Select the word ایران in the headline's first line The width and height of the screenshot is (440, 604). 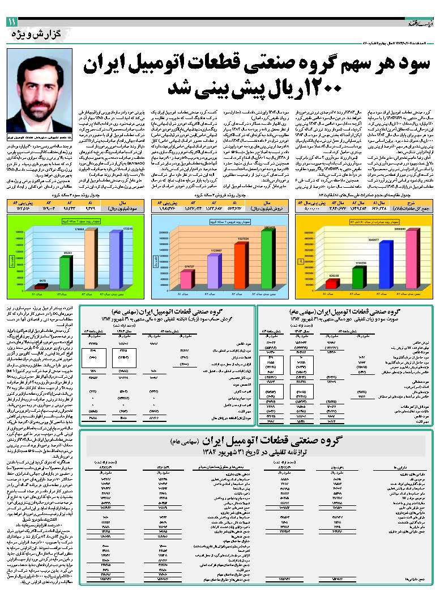[113, 65]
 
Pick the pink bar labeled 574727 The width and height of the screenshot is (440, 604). [185, 278]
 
